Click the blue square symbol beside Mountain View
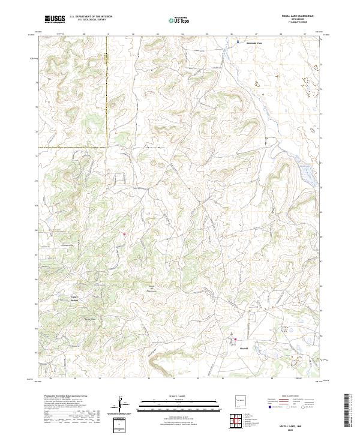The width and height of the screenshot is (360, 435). [238, 43]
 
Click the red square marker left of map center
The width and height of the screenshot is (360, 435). [125, 234]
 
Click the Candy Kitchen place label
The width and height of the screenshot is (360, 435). [75, 298]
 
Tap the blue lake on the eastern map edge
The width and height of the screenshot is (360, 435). [307, 175]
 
